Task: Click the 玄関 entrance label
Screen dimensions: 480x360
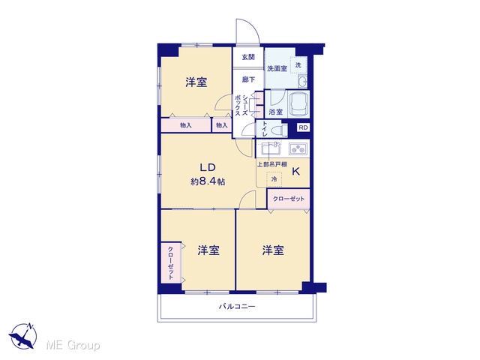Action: click(x=248, y=57)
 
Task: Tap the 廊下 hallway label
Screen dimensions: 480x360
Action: click(x=248, y=79)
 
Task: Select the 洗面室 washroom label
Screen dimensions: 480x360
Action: click(x=277, y=68)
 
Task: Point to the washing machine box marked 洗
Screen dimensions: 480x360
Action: click(x=298, y=65)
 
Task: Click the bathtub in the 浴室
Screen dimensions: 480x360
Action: click(x=298, y=104)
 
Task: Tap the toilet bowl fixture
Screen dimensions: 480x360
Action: click(x=279, y=130)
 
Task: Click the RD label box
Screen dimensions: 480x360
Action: click(x=303, y=127)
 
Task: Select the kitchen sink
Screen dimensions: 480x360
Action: click(x=270, y=148)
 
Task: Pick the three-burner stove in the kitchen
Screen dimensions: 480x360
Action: click(x=298, y=148)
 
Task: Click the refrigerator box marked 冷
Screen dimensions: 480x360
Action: click(x=274, y=178)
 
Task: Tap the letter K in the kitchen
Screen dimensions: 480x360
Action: click(x=295, y=172)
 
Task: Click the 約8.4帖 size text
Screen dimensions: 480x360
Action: click(x=208, y=181)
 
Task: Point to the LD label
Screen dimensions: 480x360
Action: click(x=208, y=167)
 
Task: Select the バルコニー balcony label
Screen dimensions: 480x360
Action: click(x=237, y=306)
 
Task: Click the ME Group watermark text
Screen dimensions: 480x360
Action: click(x=73, y=345)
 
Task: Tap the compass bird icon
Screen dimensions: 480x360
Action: click(x=23, y=336)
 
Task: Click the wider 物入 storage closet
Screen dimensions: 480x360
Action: click(x=186, y=125)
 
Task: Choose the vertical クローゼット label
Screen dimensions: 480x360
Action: click(x=170, y=263)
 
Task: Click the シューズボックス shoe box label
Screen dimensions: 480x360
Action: click(x=241, y=106)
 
